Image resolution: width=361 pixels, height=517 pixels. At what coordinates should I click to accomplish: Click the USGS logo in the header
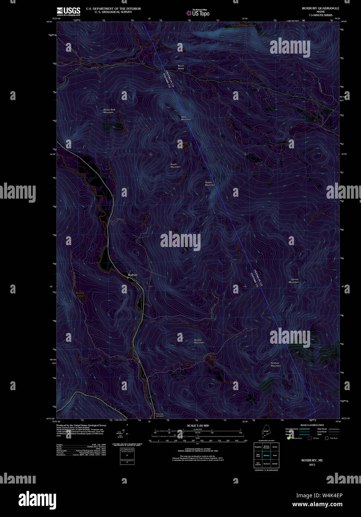coord(68,11)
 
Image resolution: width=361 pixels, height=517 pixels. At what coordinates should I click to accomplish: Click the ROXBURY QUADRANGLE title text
coord(320,8)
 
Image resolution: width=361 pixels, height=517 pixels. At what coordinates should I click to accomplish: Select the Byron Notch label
coord(181,67)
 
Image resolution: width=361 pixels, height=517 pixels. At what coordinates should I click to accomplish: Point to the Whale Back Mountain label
coord(109,111)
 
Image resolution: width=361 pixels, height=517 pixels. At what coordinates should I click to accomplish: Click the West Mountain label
coord(186,118)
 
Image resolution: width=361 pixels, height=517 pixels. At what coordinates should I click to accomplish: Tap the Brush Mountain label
coord(176,166)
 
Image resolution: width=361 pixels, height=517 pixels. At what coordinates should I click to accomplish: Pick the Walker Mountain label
coord(210,183)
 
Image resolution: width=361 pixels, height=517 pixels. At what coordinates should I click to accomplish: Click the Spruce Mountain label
coord(294,280)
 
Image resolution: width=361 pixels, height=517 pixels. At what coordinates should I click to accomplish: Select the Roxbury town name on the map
coord(133,274)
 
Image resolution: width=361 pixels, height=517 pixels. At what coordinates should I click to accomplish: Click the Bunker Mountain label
coord(199,341)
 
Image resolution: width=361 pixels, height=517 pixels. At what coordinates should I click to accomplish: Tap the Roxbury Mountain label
coord(276,364)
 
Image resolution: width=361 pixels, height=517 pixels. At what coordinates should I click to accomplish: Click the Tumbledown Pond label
coord(245,25)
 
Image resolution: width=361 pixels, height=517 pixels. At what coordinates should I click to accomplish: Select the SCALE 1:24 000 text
coord(198,425)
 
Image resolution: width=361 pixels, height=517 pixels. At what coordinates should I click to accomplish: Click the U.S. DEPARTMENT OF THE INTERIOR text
coord(113,9)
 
